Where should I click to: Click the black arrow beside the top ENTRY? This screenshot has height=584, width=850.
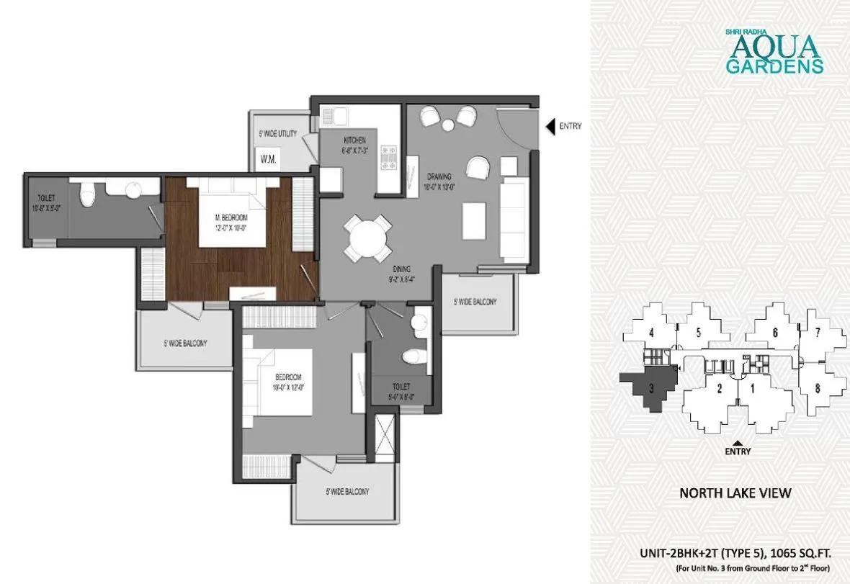pyautogui.click(x=550, y=127)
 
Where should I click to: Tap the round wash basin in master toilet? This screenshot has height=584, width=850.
pyautogui.click(x=133, y=189)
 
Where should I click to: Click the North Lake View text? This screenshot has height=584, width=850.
pyautogui.click(x=735, y=493)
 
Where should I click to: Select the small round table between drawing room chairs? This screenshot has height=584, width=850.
pyautogui.click(x=448, y=125)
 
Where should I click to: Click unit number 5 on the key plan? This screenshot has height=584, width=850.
pyautogui.click(x=698, y=333)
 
